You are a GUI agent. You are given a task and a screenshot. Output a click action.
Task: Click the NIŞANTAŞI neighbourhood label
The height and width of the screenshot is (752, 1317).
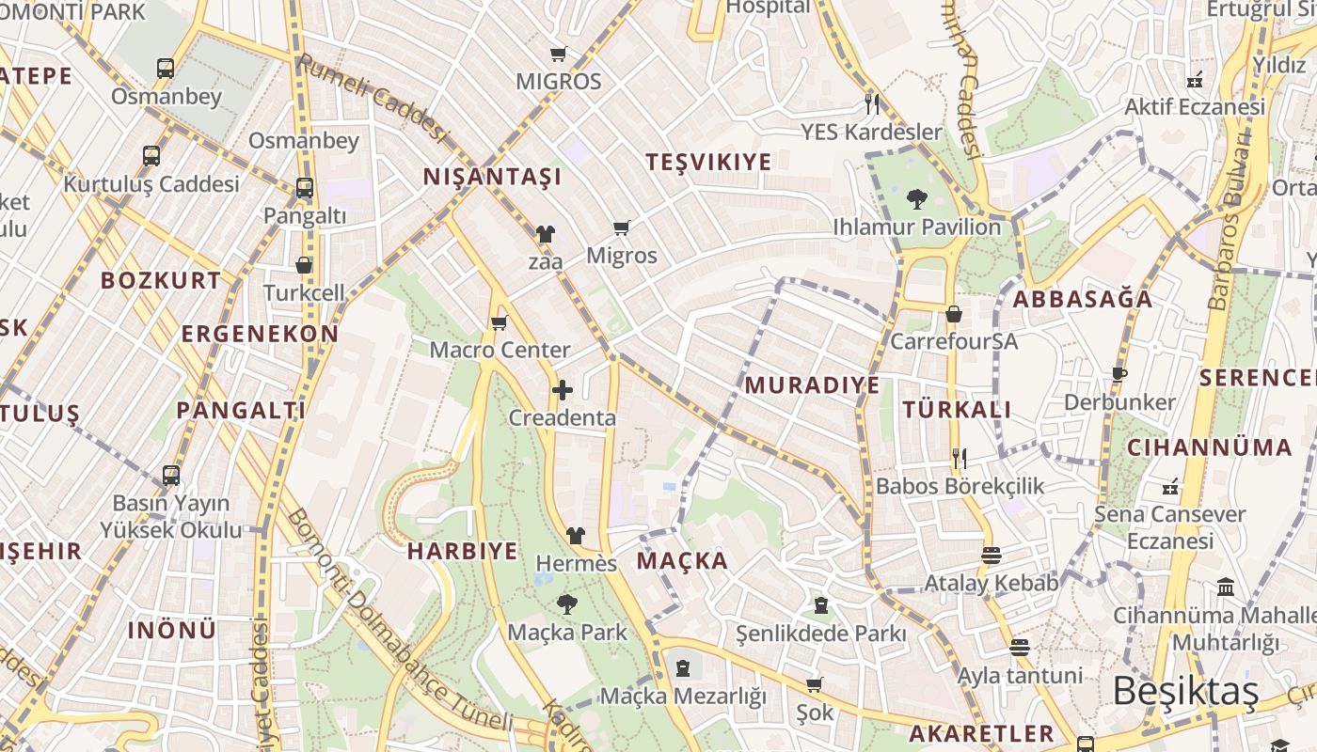pos(492,177)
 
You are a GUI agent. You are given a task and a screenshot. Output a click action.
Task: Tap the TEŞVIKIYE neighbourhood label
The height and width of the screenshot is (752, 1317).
pos(708,162)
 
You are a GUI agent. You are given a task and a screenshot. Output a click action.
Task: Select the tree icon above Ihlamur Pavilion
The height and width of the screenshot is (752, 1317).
pos(916,199)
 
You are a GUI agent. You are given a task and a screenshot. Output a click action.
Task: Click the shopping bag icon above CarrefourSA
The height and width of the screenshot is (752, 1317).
pos(954,314)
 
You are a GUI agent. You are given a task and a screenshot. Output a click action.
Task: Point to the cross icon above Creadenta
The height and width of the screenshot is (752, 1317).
pos(563,390)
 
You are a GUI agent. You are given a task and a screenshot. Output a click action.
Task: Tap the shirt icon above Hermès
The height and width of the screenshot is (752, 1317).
pos(576,536)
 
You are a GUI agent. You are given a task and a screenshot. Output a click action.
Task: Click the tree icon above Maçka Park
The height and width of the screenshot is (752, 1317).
pos(566,604)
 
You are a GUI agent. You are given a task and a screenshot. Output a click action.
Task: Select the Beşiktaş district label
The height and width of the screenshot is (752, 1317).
pos(1185,691)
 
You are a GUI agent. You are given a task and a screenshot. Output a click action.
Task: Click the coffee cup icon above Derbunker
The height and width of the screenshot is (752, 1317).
pos(1119,374)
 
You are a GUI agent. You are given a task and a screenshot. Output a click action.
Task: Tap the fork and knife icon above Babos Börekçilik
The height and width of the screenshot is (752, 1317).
pos(960,459)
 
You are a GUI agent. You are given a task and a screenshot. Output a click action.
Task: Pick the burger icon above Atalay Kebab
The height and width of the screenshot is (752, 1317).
pos(991,555)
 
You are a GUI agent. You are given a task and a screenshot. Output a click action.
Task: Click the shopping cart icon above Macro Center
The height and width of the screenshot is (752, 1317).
pos(500,322)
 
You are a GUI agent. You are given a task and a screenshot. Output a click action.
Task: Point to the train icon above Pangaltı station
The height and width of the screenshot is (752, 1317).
pos(305,188)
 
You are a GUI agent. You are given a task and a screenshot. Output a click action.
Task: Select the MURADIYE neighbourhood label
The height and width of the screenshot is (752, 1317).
pos(812,385)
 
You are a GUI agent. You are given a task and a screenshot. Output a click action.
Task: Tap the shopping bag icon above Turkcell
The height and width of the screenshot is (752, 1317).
pos(304,266)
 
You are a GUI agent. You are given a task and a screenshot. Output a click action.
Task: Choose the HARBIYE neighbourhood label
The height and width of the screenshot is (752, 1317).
pos(462,551)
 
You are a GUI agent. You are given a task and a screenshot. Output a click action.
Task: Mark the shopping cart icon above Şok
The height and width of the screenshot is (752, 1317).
pos(815,685)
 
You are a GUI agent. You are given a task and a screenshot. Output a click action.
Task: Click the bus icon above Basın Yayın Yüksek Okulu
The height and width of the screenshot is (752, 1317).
pos(170,476)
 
